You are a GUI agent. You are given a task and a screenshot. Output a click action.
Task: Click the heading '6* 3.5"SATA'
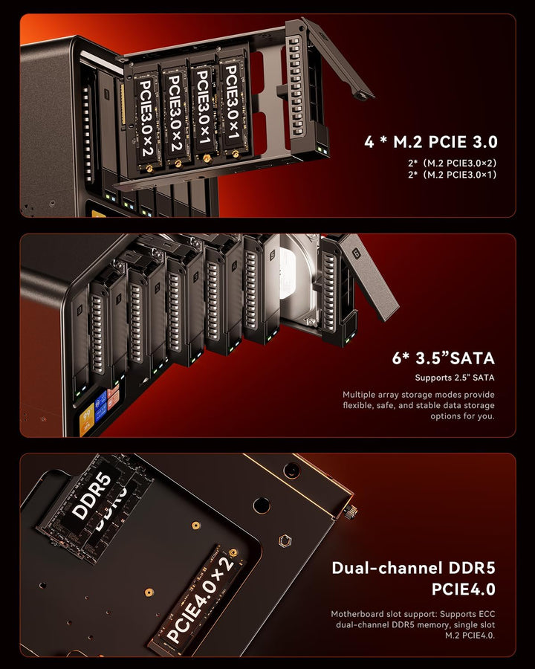click(x=443, y=358)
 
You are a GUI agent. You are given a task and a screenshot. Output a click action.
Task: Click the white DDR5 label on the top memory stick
click(x=91, y=497)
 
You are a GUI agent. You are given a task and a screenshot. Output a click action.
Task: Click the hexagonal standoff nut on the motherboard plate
click(x=283, y=541)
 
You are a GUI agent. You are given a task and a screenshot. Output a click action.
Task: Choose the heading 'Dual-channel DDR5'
click(x=412, y=569)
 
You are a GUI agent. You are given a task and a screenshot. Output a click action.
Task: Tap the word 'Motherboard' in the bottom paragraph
click(x=359, y=615)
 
